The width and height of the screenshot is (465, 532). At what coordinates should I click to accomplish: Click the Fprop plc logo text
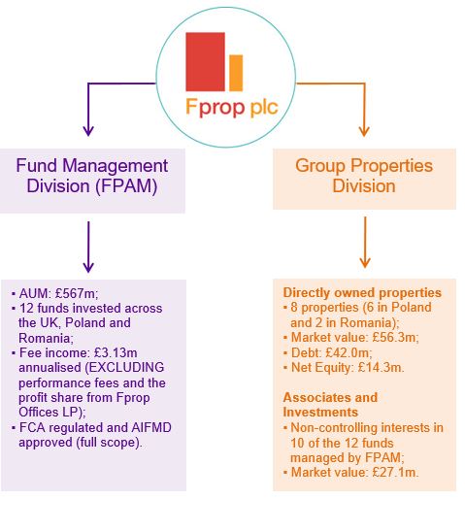point(230,105)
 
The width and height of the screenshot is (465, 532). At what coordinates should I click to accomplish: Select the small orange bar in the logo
point(236,72)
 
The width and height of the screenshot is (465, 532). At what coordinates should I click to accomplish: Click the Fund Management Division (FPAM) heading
point(91,176)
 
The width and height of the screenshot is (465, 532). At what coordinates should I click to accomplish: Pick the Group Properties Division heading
point(364,176)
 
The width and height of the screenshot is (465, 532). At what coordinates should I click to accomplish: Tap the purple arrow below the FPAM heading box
point(88,246)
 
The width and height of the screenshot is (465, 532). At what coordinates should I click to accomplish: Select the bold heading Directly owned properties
point(361,292)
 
